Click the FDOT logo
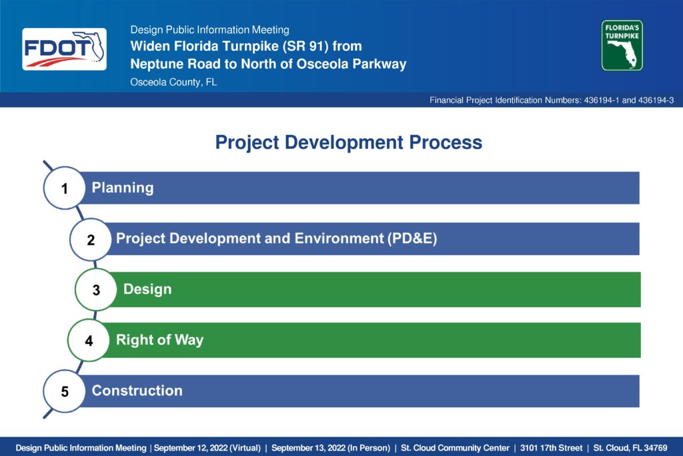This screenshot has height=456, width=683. click(65, 49)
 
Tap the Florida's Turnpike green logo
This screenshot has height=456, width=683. click(622, 45)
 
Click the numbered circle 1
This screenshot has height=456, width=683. click(65, 188)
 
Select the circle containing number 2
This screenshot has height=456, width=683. click(91, 239)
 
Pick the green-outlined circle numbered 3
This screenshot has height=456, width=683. click(96, 290)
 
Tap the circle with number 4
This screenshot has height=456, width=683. click(89, 340)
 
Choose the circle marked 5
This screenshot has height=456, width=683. click(65, 391)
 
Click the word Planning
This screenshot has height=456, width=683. click(123, 188)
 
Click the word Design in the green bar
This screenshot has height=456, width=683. click(147, 289)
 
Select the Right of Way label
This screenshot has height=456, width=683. click(159, 340)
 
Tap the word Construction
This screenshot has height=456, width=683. click(137, 391)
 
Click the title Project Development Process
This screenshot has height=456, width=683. click(348, 143)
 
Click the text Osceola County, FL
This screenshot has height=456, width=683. click(173, 82)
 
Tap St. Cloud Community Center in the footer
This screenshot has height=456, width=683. click(455, 448)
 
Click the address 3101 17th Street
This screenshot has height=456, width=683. click(551, 448)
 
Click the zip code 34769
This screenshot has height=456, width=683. click(656, 448)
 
